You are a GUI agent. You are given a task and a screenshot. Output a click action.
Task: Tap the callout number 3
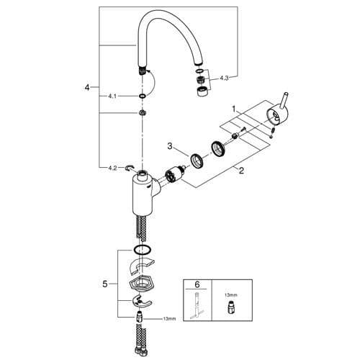coord(170,147)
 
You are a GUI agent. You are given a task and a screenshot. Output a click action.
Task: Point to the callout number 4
coord(86,88)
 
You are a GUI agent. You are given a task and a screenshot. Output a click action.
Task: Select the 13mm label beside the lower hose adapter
coord(170,319)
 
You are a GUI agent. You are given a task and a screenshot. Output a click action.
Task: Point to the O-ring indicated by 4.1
coord(143,94)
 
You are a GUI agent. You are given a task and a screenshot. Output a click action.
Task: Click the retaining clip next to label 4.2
coord(130,168)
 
